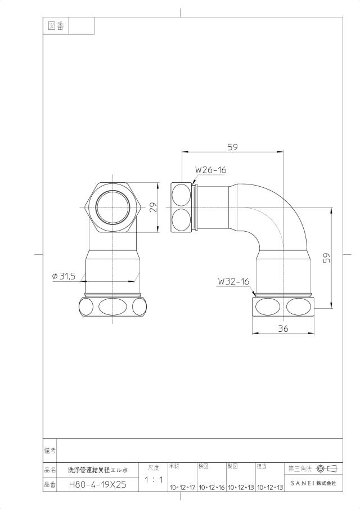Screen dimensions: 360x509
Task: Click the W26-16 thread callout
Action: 210,170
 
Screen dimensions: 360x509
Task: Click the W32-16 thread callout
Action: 233,281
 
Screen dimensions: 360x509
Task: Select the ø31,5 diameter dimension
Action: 64,276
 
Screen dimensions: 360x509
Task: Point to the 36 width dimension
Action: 283,328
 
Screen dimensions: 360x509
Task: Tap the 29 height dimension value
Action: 153,208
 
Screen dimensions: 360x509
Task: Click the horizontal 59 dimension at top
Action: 232,147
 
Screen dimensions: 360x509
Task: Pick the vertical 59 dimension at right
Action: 327,258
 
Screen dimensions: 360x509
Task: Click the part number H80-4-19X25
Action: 98,485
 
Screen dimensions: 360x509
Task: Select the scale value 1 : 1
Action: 154,479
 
